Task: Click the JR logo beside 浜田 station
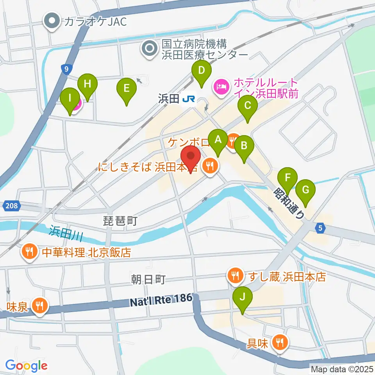188,99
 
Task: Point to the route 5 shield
320,229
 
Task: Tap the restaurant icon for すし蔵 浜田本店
235,277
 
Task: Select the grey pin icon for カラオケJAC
52,21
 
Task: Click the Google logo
27,366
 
